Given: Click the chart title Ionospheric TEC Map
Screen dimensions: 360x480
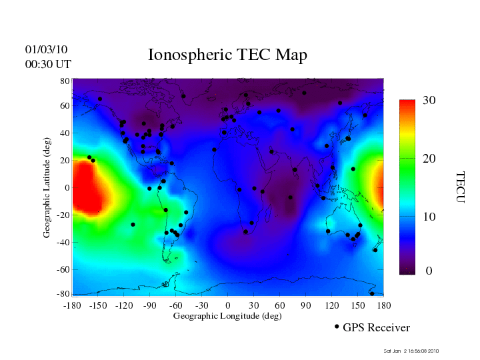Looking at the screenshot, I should tap(227, 55).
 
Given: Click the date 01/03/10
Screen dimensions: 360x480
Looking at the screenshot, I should tap(46, 50).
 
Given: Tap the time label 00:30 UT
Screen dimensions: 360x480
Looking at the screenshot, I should tap(48, 64).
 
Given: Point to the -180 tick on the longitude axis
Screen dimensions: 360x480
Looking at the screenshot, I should tap(72, 305).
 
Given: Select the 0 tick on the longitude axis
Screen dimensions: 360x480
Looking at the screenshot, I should tap(228, 305).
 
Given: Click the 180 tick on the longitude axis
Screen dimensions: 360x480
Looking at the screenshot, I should tap(383, 305).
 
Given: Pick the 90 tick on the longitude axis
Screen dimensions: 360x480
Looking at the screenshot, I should tap(306, 305).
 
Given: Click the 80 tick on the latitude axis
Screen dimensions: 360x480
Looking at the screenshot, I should tap(65, 81).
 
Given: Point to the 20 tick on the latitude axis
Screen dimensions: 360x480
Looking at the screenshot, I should tap(65, 161).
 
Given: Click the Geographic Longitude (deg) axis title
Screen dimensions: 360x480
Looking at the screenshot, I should tap(227, 316).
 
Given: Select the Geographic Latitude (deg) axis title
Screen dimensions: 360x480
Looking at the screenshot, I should tap(47, 191).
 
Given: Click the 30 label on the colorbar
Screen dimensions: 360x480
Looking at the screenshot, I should tap(429, 100).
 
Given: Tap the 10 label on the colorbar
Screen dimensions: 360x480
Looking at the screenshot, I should tap(429, 217).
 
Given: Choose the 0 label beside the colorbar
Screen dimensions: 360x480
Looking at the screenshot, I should tap(429, 271).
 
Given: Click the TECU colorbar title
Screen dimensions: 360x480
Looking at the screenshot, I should tap(459, 187).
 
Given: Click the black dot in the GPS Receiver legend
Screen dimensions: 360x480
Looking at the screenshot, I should tap(337, 327).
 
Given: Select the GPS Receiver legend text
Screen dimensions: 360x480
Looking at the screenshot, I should tap(376, 328).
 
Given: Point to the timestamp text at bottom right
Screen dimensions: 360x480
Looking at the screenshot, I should tap(411, 351).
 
